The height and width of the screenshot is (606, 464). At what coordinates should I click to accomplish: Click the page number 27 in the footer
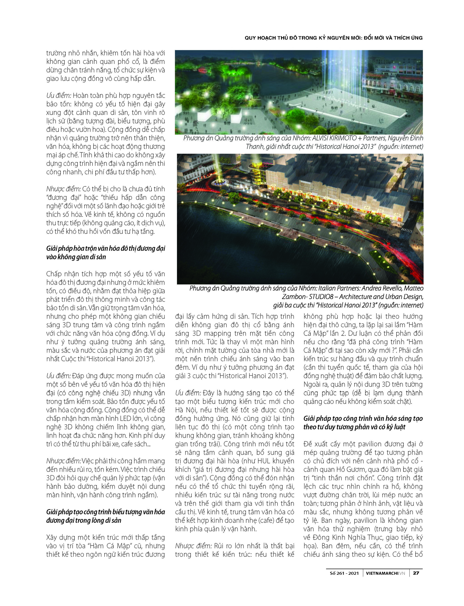[416, 573]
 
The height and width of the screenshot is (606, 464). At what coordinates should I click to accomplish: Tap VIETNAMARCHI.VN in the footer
[385, 573]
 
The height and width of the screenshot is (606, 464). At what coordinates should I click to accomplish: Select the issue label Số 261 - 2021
[344, 573]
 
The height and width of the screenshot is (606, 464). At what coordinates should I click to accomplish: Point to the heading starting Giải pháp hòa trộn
[105, 253]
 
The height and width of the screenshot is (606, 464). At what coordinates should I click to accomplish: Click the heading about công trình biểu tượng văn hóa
[105, 516]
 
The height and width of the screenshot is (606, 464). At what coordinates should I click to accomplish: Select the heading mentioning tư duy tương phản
[363, 423]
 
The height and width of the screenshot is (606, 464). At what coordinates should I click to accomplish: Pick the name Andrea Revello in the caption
[382, 288]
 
